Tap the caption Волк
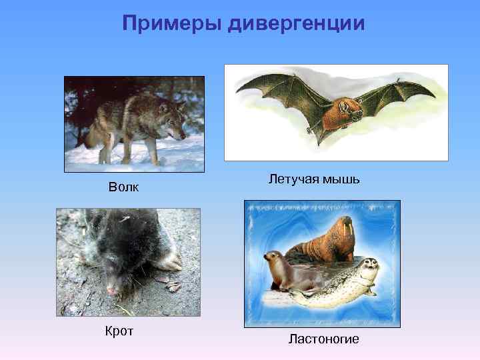pos(124,187)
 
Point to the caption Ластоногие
pos(323,339)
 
